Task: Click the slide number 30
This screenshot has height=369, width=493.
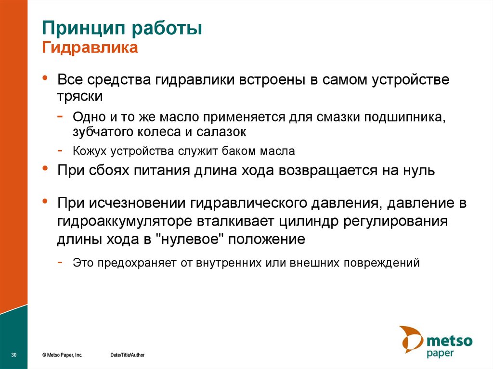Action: (x=13, y=355)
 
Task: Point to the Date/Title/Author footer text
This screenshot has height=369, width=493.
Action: (x=127, y=355)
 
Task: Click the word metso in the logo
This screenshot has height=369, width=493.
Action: (x=450, y=341)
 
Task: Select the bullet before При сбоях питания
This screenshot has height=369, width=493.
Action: (x=45, y=168)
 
